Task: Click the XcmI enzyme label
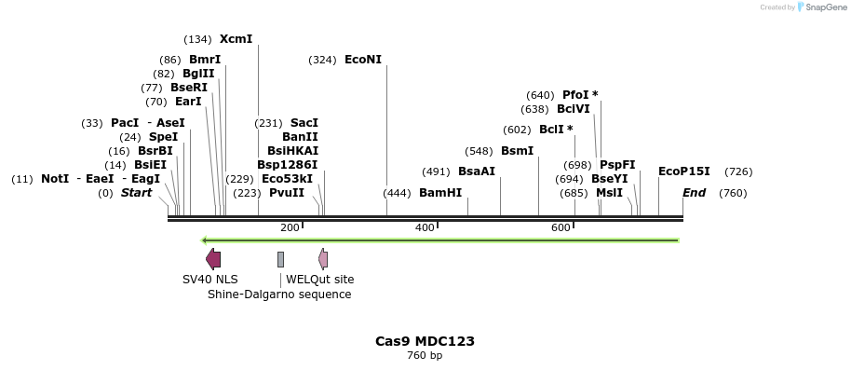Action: click(236, 39)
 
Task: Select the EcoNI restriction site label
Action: click(363, 60)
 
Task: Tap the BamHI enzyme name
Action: click(440, 193)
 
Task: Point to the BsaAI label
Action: click(477, 171)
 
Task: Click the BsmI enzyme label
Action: click(518, 151)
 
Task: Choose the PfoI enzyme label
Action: click(575, 95)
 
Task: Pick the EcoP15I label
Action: click(684, 171)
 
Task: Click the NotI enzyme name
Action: click(55, 179)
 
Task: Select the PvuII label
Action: click(287, 193)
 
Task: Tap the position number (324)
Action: click(322, 61)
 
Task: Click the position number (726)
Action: click(738, 171)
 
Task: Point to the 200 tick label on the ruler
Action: click(290, 228)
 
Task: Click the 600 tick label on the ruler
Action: click(561, 228)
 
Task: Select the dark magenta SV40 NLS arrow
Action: click(213, 259)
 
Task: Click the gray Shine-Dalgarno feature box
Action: click(280, 259)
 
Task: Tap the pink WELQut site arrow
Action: click(323, 259)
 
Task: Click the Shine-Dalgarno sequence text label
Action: click(279, 295)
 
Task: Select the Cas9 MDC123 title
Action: click(425, 341)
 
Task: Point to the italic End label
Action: click(694, 193)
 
